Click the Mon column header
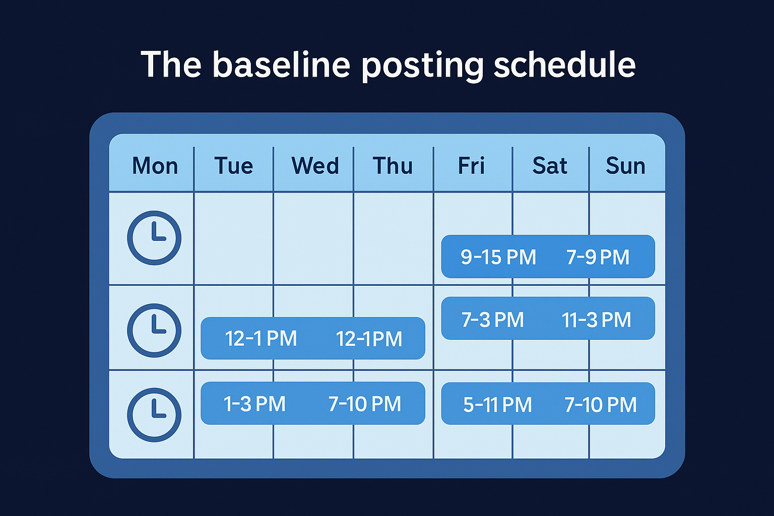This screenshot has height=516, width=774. (155, 166)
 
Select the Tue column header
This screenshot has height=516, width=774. (233, 166)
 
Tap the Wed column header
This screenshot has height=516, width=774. (315, 166)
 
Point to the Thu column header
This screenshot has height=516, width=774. (393, 166)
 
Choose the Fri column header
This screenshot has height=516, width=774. (471, 166)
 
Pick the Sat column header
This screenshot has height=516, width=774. (550, 166)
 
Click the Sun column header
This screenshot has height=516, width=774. (625, 166)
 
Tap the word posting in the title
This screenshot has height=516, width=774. (422, 66)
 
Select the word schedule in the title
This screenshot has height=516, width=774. (564, 64)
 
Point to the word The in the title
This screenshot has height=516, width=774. (171, 64)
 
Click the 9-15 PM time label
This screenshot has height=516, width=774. (498, 257)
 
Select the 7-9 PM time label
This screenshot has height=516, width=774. (598, 257)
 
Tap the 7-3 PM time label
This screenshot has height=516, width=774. (493, 319)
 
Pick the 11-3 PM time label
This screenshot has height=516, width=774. (596, 319)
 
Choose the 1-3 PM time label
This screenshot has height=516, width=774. (254, 404)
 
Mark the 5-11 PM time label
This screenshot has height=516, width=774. (497, 405)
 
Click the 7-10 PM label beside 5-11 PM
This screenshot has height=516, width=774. (600, 405)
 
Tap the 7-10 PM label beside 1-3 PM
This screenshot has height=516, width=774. (365, 404)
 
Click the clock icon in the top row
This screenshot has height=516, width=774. (154, 238)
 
